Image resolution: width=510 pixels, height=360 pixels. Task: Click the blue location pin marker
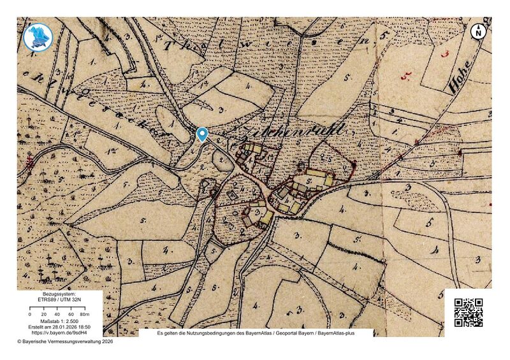coord(202,133)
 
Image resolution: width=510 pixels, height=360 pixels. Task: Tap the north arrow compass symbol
coord(479,31)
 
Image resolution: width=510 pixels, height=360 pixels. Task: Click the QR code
coord(468,312)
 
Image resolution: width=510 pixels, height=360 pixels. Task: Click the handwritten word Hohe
coord(460,76)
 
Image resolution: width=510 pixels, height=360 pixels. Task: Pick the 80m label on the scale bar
coord(84,315)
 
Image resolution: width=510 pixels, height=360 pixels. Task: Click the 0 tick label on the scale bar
coord(30,315)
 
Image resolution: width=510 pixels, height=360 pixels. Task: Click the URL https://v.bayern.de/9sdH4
coord(59,333)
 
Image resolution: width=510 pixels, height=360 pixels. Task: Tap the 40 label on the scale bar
coord(57,315)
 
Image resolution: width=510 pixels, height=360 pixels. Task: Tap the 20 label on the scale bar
coord(43,315)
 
